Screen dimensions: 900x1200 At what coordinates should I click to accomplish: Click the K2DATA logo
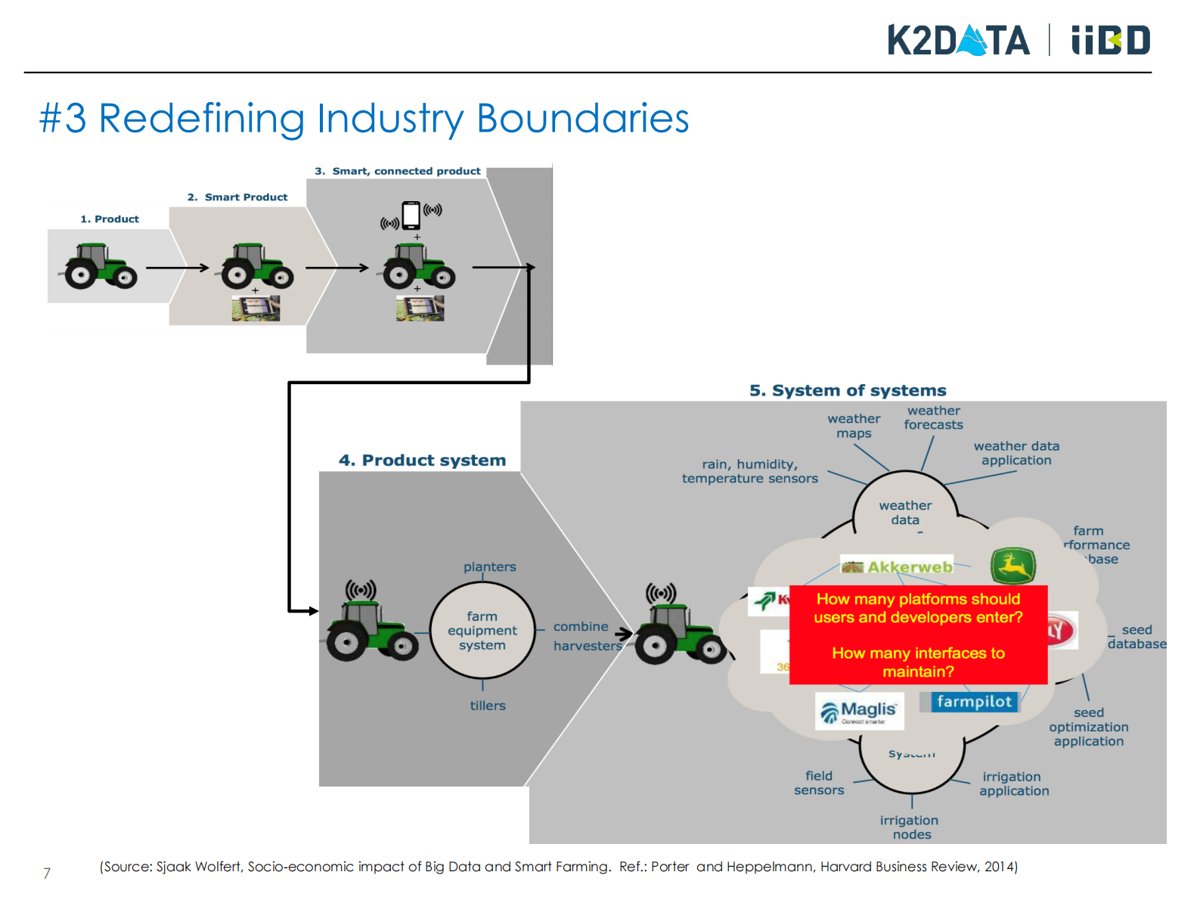coord(958,41)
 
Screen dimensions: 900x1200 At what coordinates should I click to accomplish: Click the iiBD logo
coord(1110,41)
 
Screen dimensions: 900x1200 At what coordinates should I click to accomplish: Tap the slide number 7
coord(47,874)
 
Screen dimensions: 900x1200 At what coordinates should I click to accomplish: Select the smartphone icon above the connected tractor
coord(411,215)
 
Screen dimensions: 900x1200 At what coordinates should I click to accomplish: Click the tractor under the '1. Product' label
coord(101,266)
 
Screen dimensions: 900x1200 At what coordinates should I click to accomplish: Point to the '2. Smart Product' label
coord(237,197)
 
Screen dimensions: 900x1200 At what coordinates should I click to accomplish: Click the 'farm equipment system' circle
coord(482,631)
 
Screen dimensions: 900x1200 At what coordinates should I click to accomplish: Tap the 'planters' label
coord(490,566)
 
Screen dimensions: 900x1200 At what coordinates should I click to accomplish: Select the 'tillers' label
coord(488,706)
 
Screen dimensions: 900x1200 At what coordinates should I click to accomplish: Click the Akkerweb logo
coord(898,566)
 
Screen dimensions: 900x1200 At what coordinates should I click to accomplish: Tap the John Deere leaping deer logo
coord(1012,566)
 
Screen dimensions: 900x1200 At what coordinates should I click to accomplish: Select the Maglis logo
coord(860,711)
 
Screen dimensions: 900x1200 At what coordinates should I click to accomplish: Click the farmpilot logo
coord(974,702)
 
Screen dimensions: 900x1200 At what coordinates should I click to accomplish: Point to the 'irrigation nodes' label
coord(910,827)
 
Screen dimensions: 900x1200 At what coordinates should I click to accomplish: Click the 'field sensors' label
coord(819,783)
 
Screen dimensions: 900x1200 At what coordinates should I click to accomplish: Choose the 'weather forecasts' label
coord(934,417)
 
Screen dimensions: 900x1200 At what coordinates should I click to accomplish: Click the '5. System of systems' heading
coord(848,390)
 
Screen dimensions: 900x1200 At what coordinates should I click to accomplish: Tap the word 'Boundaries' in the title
coord(582,119)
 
